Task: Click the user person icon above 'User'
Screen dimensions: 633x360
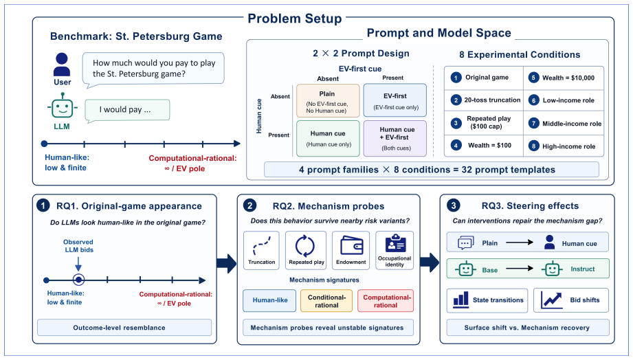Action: (62, 65)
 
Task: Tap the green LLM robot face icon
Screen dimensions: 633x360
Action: (62, 107)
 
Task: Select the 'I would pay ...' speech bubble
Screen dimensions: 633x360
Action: (127, 111)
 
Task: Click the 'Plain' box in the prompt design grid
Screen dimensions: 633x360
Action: (328, 101)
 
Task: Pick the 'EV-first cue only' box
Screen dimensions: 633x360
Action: (395, 100)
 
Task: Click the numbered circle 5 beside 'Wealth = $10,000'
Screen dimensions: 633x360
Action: (534, 78)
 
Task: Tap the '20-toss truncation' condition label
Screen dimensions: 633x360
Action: (492, 100)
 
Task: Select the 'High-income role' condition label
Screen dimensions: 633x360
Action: (569, 146)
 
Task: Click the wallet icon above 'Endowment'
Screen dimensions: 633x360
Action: (351, 245)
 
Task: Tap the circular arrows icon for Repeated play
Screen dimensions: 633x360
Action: (304, 245)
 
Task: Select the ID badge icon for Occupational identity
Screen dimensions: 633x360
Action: (395, 243)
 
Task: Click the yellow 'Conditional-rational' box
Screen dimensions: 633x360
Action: (326, 301)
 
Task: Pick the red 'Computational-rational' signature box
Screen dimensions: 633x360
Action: (386, 301)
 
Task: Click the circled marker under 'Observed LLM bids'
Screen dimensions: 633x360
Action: (79, 280)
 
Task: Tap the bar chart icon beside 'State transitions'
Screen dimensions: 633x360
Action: (461, 300)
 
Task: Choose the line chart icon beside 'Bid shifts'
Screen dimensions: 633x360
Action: (551, 300)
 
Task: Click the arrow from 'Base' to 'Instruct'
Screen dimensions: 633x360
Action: (520, 269)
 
